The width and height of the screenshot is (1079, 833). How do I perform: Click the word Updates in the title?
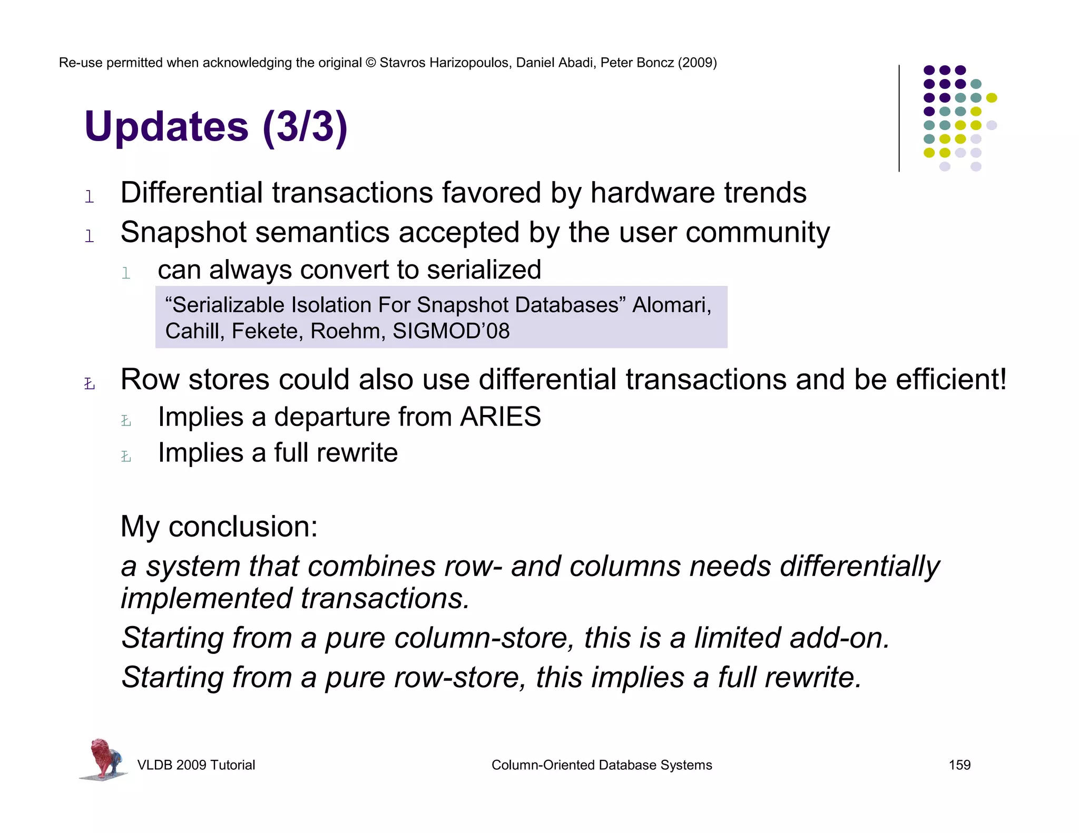pos(166,127)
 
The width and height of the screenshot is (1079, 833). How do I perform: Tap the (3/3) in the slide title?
pos(305,127)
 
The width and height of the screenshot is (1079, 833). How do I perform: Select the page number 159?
pos(959,765)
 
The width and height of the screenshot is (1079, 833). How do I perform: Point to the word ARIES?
pos(500,417)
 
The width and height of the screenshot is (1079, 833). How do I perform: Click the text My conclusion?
pos(219,526)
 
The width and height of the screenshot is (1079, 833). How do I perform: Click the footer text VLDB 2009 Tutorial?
pos(196,765)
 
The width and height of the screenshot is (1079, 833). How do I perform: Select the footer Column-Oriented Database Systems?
pos(602,765)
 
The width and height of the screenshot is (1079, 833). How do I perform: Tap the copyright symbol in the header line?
pos(370,63)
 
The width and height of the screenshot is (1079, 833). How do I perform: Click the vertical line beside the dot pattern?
pos(899,118)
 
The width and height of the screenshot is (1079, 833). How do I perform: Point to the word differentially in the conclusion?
pos(859,567)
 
